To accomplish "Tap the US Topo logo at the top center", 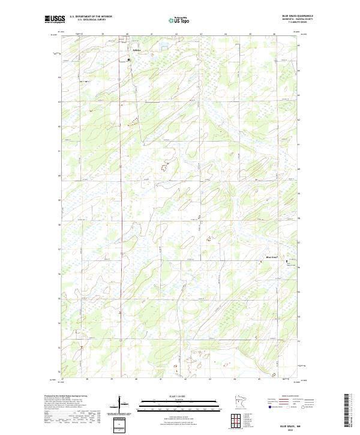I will [179, 20].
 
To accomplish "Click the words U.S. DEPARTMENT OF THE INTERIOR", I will [91, 17].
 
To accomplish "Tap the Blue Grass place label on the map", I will [273, 257].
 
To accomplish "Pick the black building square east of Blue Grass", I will [286, 262].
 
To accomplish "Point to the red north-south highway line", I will [119, 180].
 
